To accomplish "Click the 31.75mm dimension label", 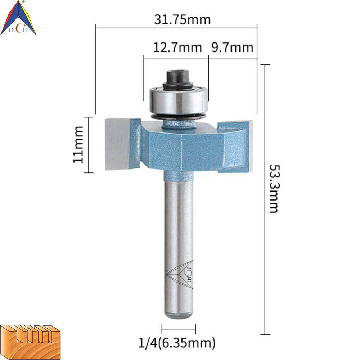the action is tap(182, 20).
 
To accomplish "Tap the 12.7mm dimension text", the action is tap(177, 48).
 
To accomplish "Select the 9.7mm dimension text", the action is tap(232, 48).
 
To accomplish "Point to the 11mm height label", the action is tap(78, 145).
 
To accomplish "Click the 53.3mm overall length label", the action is tap(274, 189).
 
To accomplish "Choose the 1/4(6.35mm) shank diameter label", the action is tap(177, 343).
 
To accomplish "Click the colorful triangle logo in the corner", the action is tap(18, 18).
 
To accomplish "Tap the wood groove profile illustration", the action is tap(30, 342).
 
